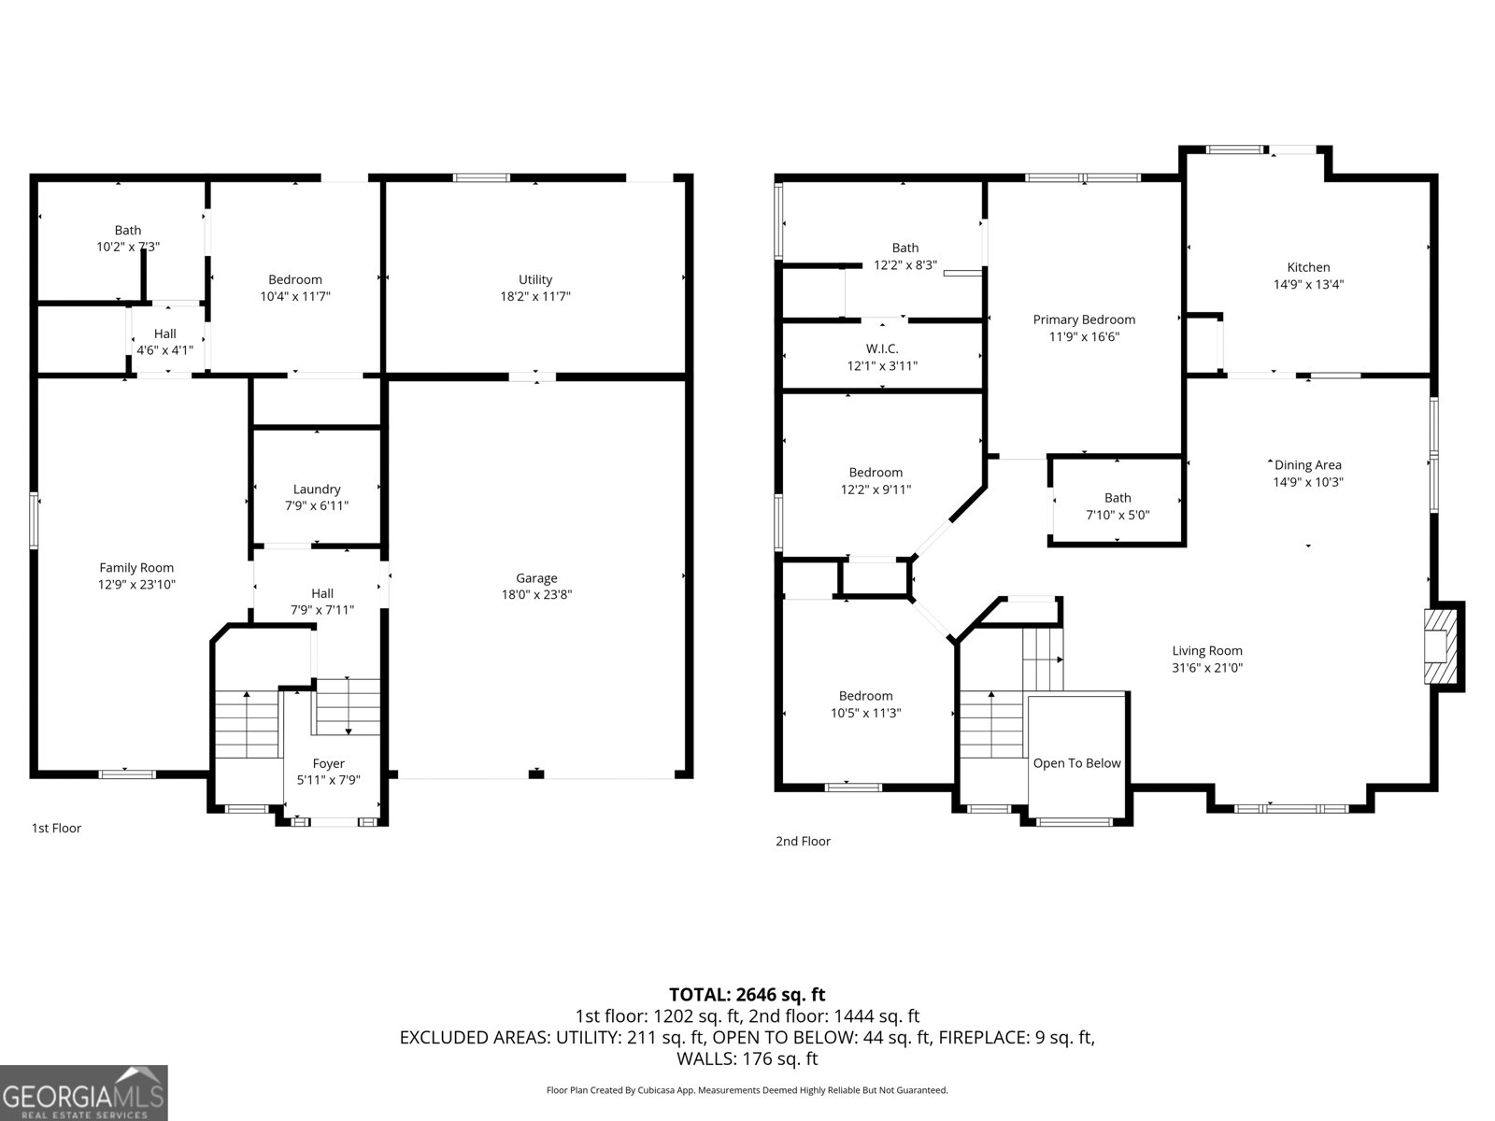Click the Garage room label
[536, 578]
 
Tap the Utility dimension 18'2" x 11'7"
[535, 296]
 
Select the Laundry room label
[317, 489]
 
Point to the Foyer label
[328, 763]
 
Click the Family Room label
[136, 567]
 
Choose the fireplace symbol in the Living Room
[1440, 646]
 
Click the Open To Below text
[1076, 763]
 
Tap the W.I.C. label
[881, 348]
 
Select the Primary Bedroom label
[1084, 319]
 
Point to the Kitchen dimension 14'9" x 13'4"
[1308, 284]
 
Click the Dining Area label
[1308, 464]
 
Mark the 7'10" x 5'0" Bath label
[1118, 498]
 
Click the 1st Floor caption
[56, 828]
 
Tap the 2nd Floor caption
[803, 841]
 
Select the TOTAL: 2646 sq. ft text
[747, 995]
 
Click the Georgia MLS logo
[83, 1093]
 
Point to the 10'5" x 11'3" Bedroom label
[865, 695]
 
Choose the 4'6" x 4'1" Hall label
[164, 333]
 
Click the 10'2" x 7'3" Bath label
[128, 230]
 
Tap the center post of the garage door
[535, 773]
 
